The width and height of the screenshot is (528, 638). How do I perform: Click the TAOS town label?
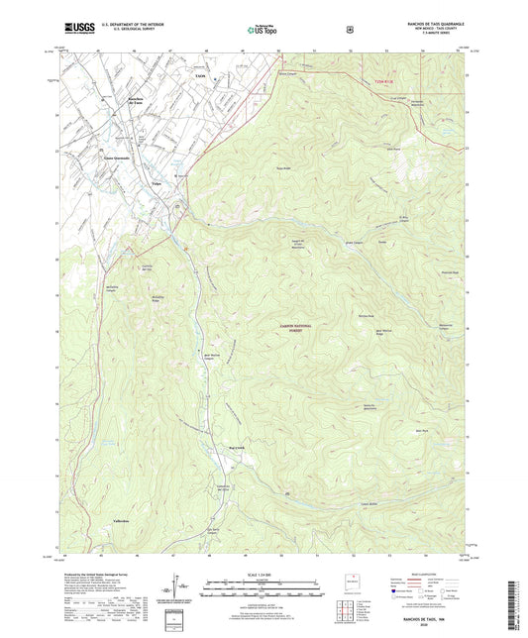[x=200, y=75]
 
